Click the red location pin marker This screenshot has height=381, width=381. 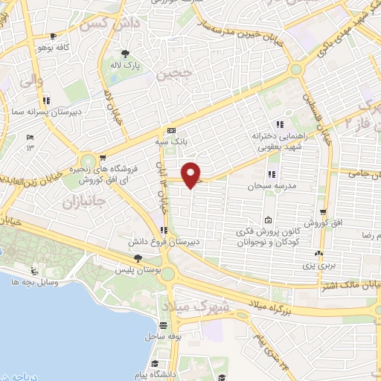(x=191, y=175)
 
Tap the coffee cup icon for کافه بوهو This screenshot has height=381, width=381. (x=51, y=36)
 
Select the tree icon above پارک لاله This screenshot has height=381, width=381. (x=125, y=53)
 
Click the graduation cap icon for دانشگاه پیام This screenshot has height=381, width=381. (x=154, y=364)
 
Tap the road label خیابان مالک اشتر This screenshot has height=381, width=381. (x=349, y=285)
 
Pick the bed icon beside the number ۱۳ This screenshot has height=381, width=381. (x=30, y=138)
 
